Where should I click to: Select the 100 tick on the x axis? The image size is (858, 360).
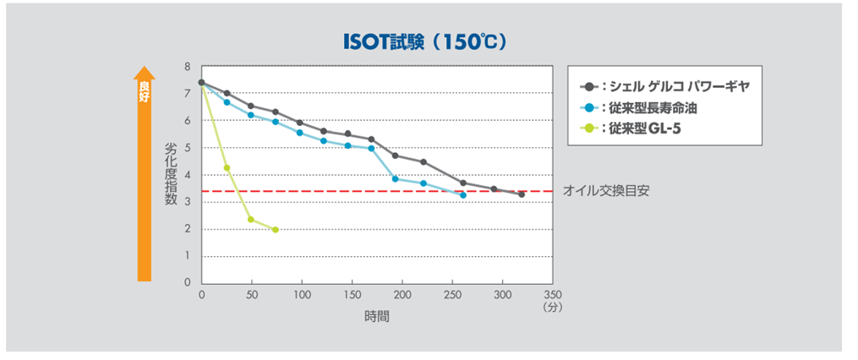(x=302, y=295)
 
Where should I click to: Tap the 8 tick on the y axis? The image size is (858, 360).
(x=188, y=67)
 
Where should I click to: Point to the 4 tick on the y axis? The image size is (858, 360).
(x=188, y=175)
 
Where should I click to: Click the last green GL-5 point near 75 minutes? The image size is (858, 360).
(x=276, y=230)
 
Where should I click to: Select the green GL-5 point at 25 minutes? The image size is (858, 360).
(x=227, y=167)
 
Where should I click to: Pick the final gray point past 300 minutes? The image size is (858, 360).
(x=522, y=194)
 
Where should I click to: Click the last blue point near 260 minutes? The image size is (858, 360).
(x=463, y=195)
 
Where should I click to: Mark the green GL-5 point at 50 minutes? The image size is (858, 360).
(x=251, y=220)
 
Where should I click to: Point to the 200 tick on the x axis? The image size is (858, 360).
(x=402, y=295)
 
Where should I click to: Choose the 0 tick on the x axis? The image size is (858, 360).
(x=201, y=295)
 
